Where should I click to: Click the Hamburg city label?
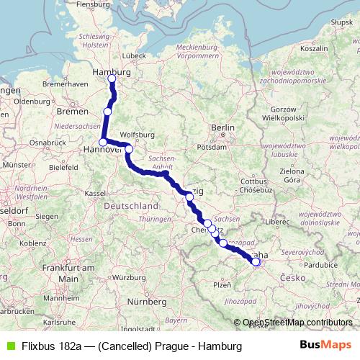point(112,72)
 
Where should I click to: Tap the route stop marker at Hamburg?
point(112,78)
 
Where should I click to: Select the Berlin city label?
point(222,127)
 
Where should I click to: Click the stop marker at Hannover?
point(103,142)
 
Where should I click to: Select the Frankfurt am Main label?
point(69,273)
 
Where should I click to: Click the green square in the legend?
point(10,346)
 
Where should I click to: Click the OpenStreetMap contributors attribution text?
point(297,323)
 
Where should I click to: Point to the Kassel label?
point(95,193)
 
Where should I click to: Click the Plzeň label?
point(222,285)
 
